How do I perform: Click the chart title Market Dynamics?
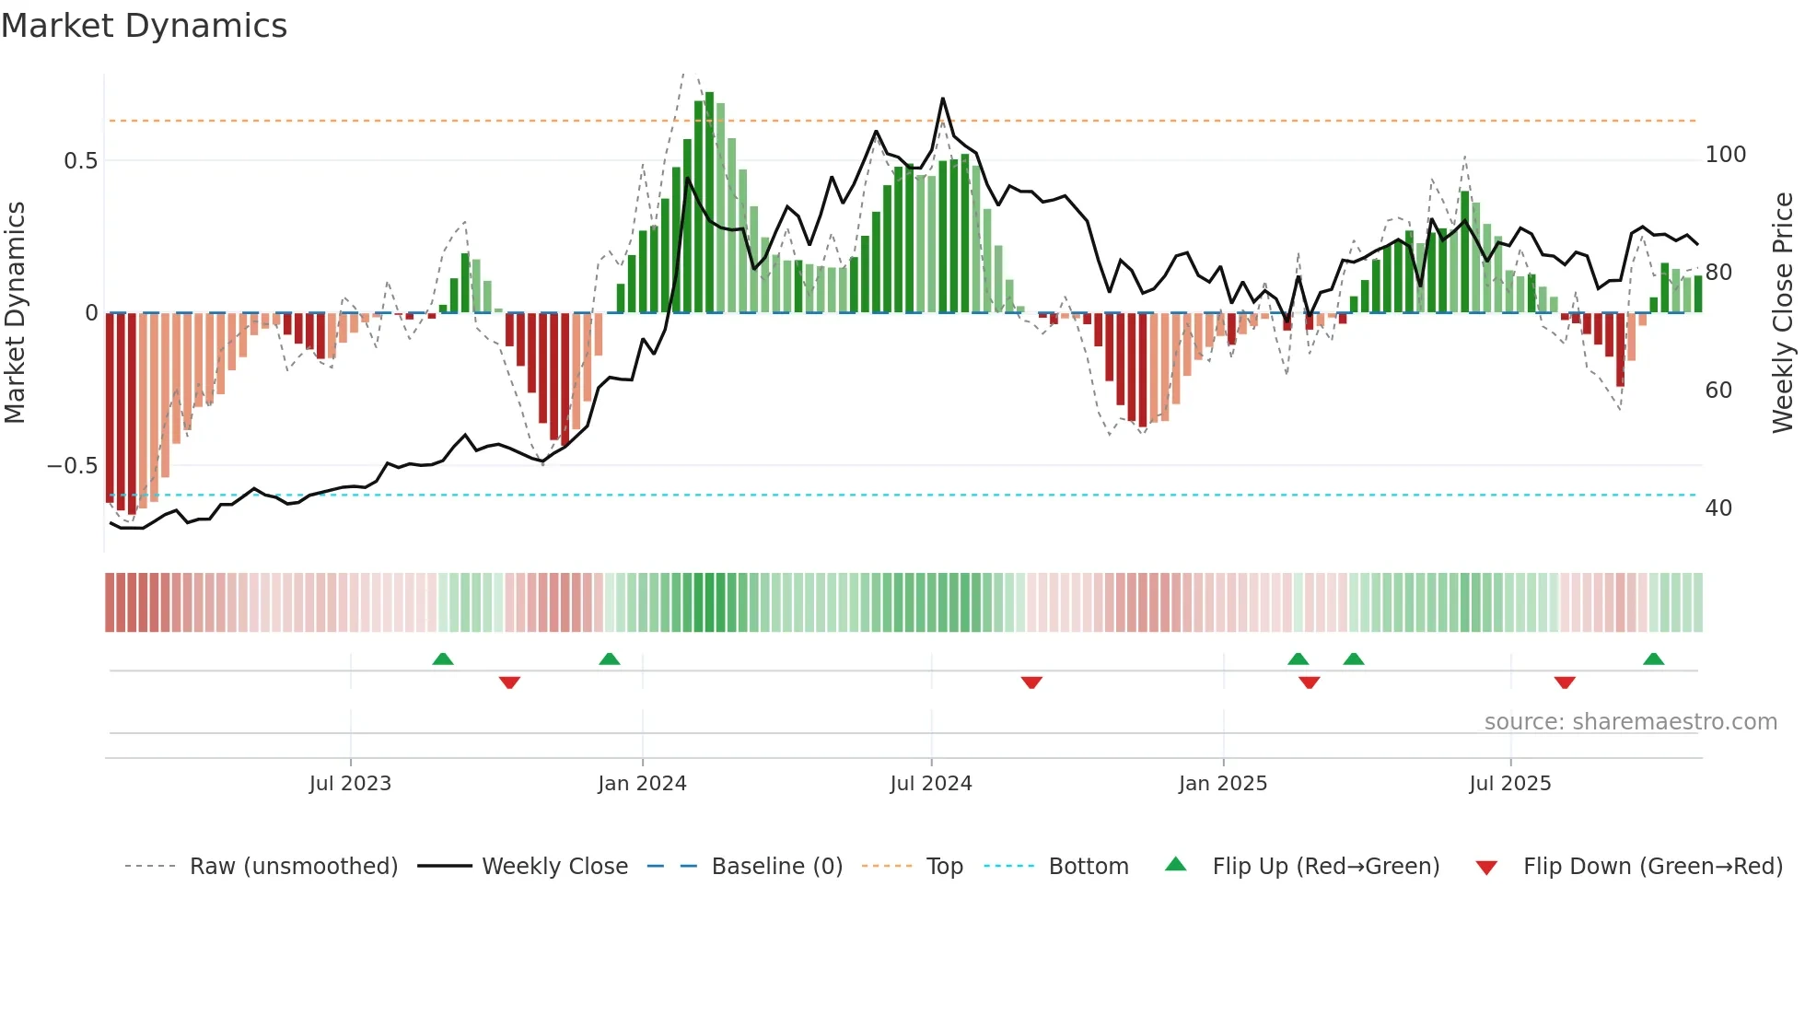click(145, 26)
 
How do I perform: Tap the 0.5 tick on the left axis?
click(80, 161)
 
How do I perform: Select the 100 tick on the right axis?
click(1725, 155)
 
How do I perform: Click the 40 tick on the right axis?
click(1718, 508)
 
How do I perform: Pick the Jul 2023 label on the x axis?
click(350, 784)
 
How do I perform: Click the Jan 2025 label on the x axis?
click(1222, 784)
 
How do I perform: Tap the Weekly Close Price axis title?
click(1783, 313)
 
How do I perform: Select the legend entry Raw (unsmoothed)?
click(293, 867)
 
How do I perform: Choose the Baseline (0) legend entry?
click(776, 867)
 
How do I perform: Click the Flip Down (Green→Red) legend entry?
click(1652, 867)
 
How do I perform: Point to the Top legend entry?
click(944, 867)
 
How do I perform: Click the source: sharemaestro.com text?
click(1630, 722)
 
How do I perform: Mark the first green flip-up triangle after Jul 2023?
click(443, 659)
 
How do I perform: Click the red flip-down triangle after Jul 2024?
click(1031, 682)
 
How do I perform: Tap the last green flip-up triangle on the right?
click(1653, 659)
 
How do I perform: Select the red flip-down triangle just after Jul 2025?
click(1565, 682)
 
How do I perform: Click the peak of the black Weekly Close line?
click(942, 99)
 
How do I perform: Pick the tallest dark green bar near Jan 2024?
click(709, 203)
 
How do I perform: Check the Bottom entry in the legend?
click(1088, 867)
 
